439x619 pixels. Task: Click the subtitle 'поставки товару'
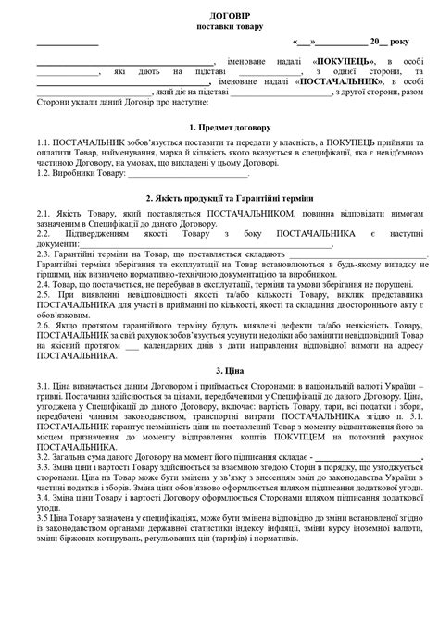click(219, 29)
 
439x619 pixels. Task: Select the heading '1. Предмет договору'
click(219, 125)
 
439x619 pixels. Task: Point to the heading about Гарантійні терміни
click(219, 199)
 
